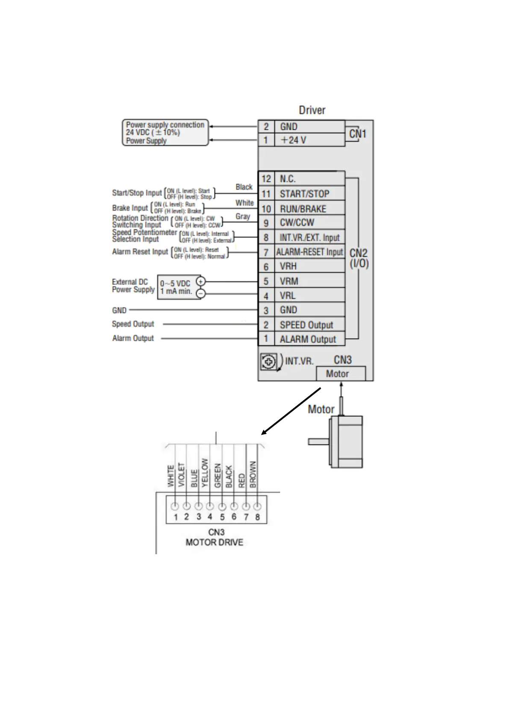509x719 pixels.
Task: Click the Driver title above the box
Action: [312, 110]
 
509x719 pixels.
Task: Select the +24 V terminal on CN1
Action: [293, 140]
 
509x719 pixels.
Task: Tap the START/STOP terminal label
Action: [304, 194]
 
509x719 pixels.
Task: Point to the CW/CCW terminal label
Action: [297, 222]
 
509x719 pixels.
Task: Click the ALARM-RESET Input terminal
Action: [309, 252]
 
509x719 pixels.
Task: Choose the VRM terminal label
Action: [289, 281]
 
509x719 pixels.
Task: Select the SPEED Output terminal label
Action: [306, 325]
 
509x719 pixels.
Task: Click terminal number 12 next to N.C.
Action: [266, 179]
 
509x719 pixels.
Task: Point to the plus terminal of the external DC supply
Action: [200, 281]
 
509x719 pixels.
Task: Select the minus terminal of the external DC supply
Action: [200, 293]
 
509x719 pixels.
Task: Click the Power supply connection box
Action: [165, 132]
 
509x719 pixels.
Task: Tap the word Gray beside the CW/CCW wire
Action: [243, 216]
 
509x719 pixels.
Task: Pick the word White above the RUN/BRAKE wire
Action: [244, 203]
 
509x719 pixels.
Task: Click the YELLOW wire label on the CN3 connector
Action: [205, 473]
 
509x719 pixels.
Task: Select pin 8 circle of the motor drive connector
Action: [257, 506]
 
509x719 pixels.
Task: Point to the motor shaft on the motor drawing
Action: [318, 442]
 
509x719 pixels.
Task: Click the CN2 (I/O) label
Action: [359, 258]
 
